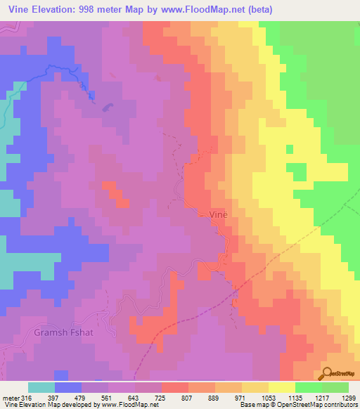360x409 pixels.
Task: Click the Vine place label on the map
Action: coord(217,214)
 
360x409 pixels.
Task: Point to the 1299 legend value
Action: coord(349,398)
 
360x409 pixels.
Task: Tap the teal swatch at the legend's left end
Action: coord(41,387)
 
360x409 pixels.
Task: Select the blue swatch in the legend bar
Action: coord(68,387)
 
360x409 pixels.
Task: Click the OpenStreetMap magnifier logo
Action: coord(328,373)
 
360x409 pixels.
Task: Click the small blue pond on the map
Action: coord(106,107)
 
